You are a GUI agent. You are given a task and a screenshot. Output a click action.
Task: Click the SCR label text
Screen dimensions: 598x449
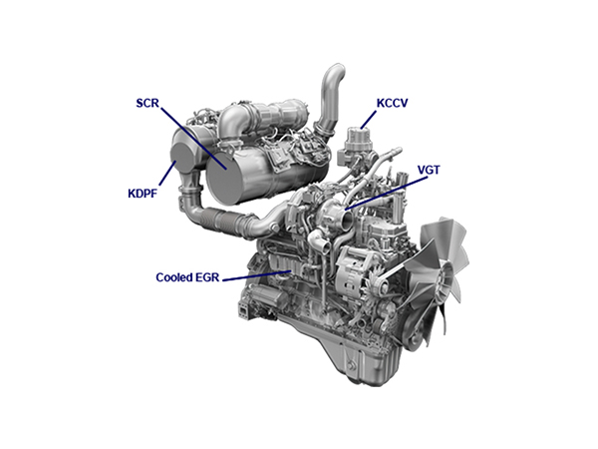point(148,103)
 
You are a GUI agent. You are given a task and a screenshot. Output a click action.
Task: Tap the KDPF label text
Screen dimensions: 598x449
point(143,194)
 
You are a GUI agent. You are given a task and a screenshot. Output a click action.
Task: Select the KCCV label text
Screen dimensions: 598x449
point(393,103)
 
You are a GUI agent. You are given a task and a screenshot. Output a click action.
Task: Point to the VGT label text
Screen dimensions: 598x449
point(429,170)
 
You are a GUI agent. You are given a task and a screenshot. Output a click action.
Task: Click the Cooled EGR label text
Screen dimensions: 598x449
point(187,277)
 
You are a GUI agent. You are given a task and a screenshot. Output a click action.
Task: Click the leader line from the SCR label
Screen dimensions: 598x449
point(193,139)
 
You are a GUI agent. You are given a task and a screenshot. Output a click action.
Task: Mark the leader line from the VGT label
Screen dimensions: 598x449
point(386,194)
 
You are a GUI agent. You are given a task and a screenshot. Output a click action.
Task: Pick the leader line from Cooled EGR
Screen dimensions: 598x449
point(257,276)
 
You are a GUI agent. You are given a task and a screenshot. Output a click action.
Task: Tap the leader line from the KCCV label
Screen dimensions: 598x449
point(369,120)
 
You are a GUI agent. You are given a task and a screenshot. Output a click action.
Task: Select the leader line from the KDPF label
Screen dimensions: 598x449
point(167,174)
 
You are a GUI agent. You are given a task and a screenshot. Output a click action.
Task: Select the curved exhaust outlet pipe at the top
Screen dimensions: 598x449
point(330,99)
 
